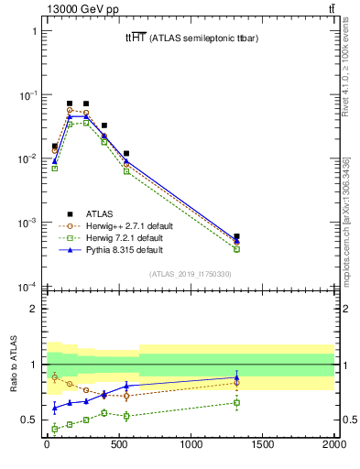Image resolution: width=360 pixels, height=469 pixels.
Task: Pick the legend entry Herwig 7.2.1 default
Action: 121,236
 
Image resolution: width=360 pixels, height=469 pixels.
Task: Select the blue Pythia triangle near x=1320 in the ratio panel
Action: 236,376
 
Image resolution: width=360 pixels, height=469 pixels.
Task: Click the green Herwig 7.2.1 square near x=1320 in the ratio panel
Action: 236,402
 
